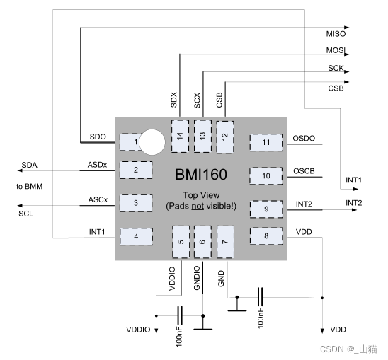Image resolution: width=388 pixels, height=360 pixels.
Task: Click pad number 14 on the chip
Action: click(180, 136)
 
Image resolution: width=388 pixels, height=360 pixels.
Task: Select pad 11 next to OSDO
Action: click(266, 143)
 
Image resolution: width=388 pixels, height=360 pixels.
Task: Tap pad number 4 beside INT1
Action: click(136, 237)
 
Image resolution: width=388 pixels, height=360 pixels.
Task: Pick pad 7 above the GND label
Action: click(225, 242)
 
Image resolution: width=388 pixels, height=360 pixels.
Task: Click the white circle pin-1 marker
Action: click(152, 142)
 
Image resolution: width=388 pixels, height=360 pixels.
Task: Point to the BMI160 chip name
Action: click(201, 174)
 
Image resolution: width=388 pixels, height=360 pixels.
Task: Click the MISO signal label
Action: click(336, 34)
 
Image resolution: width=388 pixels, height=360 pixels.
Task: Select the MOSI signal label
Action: click(336, 50)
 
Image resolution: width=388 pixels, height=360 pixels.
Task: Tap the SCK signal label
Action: click(336, 68)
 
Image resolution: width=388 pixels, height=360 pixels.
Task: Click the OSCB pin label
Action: click(304, 171)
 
